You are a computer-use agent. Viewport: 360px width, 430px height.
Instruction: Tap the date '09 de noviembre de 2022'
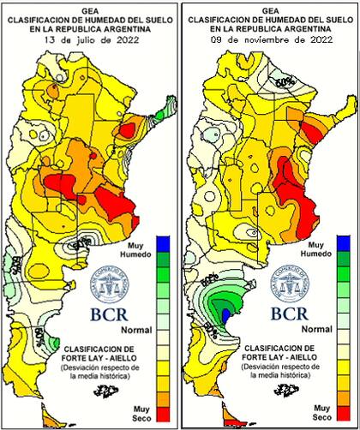pos(271,39)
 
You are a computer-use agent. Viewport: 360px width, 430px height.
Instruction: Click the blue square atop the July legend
pos(165,243)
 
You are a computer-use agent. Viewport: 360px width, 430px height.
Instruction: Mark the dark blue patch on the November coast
pos(226,316)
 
